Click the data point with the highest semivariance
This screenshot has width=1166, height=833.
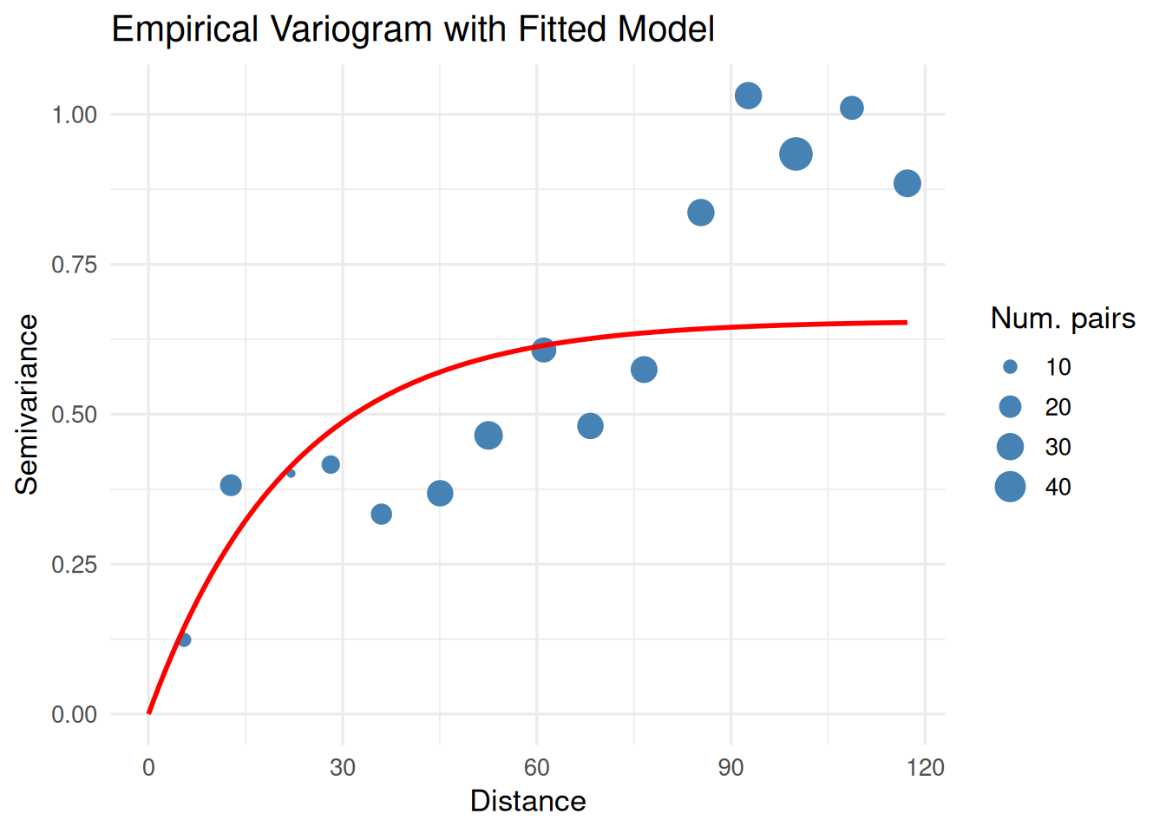tap(748, 95)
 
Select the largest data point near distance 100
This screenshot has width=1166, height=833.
tap(796, 154)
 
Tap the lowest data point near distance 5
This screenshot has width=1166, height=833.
tap(184, 640)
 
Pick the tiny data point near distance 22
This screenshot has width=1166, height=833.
tap(291, 473)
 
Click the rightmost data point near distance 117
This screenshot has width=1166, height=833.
tap(907, 183)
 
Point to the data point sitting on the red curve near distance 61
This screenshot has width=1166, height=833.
tap(543, 350)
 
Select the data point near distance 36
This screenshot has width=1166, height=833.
tap(381, 514)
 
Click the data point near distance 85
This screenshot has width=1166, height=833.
tap(700, 213)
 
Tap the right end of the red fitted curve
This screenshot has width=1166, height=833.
tap(906, 323)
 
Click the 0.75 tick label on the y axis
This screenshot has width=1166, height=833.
tap(74, 265)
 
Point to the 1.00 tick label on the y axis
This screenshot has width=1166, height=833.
tap(74, 115)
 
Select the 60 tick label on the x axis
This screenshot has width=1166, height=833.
tap(536, 767)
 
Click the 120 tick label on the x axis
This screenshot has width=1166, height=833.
tap(925, 767)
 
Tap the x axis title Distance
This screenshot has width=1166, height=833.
tap(527, 801)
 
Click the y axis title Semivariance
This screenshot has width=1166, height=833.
tap(27, 403)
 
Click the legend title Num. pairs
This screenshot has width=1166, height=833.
tap(1063, 318)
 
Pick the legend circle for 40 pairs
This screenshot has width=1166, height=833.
tap(1010, 487)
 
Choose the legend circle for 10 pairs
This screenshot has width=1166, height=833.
tap(1010, 367)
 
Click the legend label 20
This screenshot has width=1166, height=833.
tap(1058, 407)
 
